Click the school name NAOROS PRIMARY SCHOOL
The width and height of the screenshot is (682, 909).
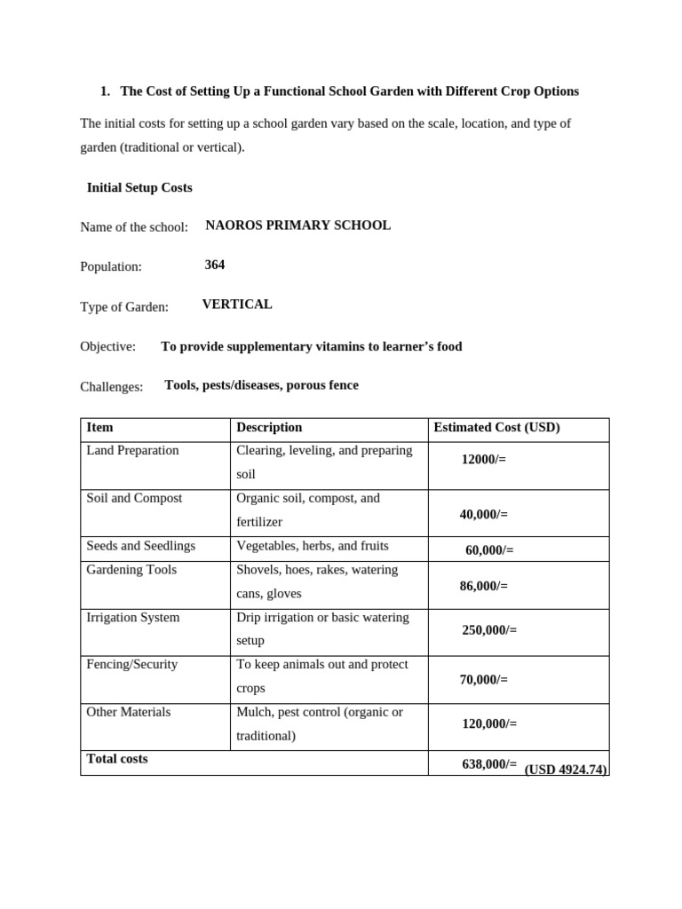(297, 225)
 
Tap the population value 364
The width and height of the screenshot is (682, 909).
(215, 265)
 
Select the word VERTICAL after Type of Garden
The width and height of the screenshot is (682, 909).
(237, 304)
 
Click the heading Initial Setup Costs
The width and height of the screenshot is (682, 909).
(139, 188)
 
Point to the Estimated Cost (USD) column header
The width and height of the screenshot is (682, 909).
(496, 428)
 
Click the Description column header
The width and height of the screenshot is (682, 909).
(269, 428)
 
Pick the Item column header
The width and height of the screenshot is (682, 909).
(99, 428)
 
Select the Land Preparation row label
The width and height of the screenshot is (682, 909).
(132, 451)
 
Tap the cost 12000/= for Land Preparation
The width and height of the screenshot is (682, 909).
(484, 459)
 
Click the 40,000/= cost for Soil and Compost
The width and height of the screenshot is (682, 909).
(484, 514)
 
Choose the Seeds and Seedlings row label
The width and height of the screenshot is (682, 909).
(140, 546)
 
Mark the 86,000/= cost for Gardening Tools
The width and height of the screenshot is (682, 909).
(484, 586)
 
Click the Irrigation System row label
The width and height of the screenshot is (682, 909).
(132, 618)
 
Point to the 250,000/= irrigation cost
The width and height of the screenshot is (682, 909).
(489, 630)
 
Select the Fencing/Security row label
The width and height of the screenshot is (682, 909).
(132, 665)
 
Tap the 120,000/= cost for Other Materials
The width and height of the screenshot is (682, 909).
(489, 723)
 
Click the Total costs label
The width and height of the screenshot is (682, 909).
(117, 759)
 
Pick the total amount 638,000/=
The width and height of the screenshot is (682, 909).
(489, 763)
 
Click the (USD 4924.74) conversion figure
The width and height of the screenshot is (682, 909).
(566, 770)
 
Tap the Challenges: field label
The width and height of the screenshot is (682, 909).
(111, 387)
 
